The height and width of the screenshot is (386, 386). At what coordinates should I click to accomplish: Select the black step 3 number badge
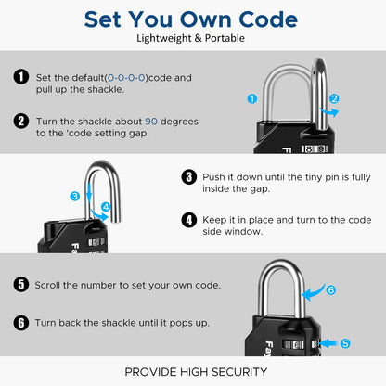pyautogui.click(x=188, y=177)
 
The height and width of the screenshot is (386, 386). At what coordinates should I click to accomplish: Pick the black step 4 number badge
pyautogui.click(x=188, y=220)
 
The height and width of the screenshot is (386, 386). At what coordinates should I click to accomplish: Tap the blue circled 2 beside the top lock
pyautogui.click(x=334, y=97)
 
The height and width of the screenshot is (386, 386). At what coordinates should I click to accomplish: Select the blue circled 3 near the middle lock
pyautogui.click(x=74, y=196)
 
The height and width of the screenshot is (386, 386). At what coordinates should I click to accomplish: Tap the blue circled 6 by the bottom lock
pyautogui.click(x=330, y=289)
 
